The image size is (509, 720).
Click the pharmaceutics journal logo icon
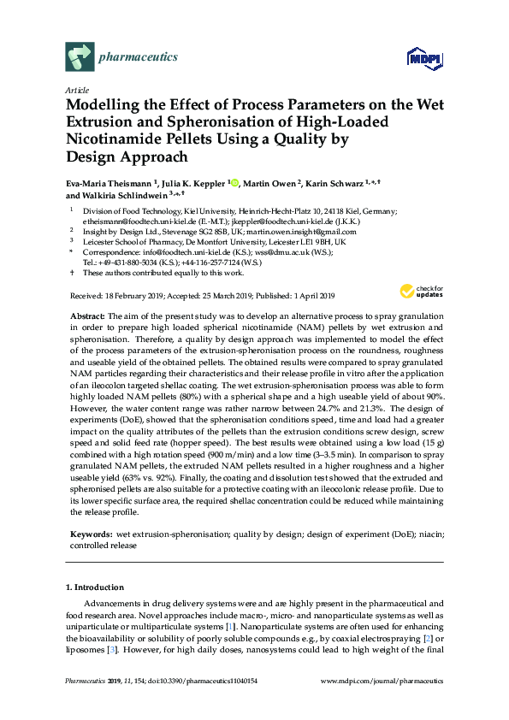78,57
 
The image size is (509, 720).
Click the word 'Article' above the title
75,90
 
